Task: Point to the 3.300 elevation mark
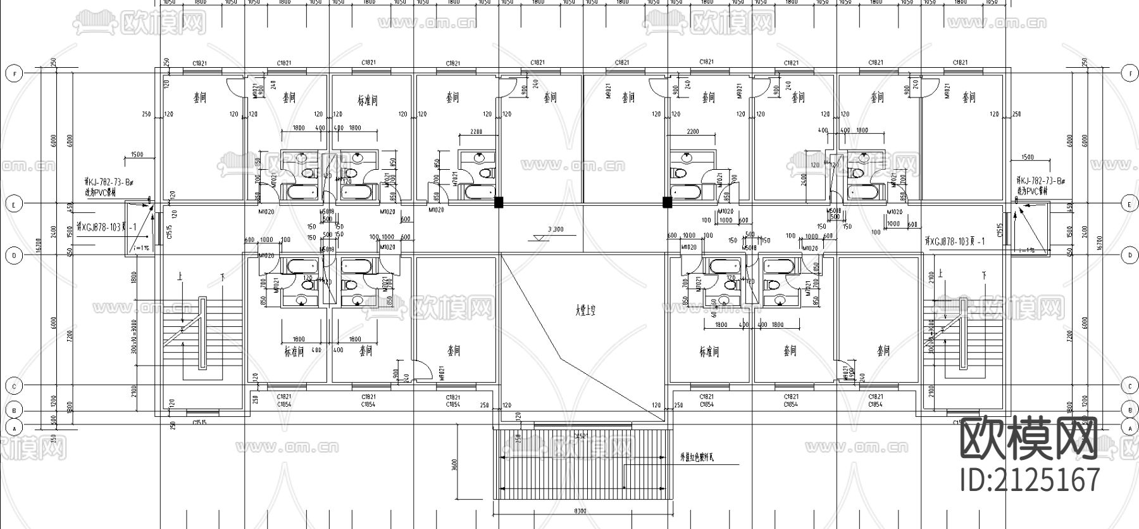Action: (555, 229)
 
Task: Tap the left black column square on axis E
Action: (499, 203)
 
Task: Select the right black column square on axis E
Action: (666, 203)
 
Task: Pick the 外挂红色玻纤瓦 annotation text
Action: (696, 456)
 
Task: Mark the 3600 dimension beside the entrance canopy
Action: (455, 466)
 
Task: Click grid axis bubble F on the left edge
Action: (13, 73)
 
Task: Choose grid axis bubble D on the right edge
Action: (1130, 255)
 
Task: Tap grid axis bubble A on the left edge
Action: (13, 428)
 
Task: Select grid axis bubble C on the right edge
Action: (1130, 386)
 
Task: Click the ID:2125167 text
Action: (1030, 480)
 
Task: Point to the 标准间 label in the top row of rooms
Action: (367, 100)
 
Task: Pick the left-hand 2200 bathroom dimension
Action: (476, 131)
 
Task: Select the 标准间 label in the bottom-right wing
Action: (709, 352)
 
